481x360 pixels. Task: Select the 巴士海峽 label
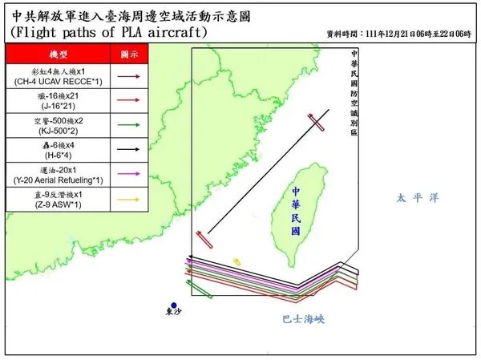point(303,318)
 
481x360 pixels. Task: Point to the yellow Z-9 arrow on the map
point(236,261)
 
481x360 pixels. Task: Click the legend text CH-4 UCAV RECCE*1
point(52,82)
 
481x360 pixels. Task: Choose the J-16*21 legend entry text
point(52,104)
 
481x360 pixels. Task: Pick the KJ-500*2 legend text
point(52,127)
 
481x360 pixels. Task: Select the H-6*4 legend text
point(52,149)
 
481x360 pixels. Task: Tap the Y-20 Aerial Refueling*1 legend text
point(52,172)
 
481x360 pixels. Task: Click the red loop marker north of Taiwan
point(317,122)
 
